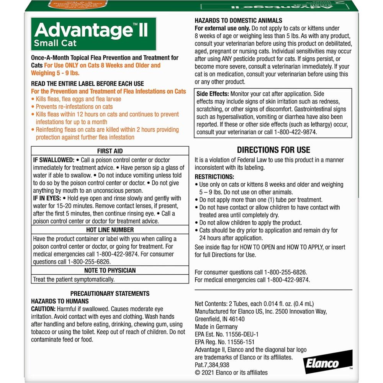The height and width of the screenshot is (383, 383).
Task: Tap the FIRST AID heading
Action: [x=110, y=151]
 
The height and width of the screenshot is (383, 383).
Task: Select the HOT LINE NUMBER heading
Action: [x=110, y=230]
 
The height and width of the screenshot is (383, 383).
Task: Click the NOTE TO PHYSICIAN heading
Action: [x=110, y=270]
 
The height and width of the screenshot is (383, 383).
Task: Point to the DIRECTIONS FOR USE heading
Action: [x=273, y=150]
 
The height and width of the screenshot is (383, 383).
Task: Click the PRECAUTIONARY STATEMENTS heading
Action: [x=110, y=293]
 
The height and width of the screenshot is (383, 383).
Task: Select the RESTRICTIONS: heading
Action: [x=214, y=177]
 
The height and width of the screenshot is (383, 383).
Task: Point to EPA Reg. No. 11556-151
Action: [x=224, y=342]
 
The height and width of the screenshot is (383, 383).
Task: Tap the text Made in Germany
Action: [x=216, y=327]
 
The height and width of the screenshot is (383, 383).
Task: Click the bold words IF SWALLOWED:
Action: [x=53, y=160]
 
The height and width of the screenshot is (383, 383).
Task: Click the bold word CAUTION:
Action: [x=43, y=309]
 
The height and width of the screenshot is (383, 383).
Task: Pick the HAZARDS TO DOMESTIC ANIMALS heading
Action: [x=238, y=21]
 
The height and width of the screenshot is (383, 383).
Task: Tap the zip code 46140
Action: [x=236, y=319]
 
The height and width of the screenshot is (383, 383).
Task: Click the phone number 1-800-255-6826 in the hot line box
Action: [x=89, y=262]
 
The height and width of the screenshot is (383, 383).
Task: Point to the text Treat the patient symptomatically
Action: [x=74, y=279]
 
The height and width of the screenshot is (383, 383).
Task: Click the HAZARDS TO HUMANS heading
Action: [x=60, y=301]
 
